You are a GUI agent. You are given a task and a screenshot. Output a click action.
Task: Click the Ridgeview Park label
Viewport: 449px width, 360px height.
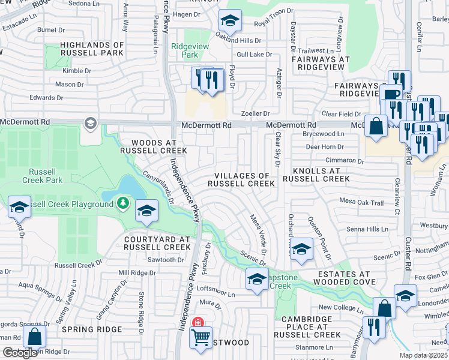(x=184, y=50)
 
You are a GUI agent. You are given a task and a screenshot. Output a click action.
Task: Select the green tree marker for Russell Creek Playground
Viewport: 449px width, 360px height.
(x=123, y=204)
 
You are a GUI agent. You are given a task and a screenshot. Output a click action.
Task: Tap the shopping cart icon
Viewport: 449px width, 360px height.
(x=200, y=336)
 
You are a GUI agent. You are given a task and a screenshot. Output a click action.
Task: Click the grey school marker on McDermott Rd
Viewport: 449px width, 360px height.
(x=90, y=124)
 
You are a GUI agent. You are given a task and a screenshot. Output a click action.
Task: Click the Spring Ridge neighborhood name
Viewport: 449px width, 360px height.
(x=91, y=329)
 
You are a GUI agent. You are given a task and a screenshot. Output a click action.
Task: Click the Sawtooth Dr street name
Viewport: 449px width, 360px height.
(x=166, y=260)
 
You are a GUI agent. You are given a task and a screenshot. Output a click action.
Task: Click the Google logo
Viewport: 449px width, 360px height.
(x=20, y=353)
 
